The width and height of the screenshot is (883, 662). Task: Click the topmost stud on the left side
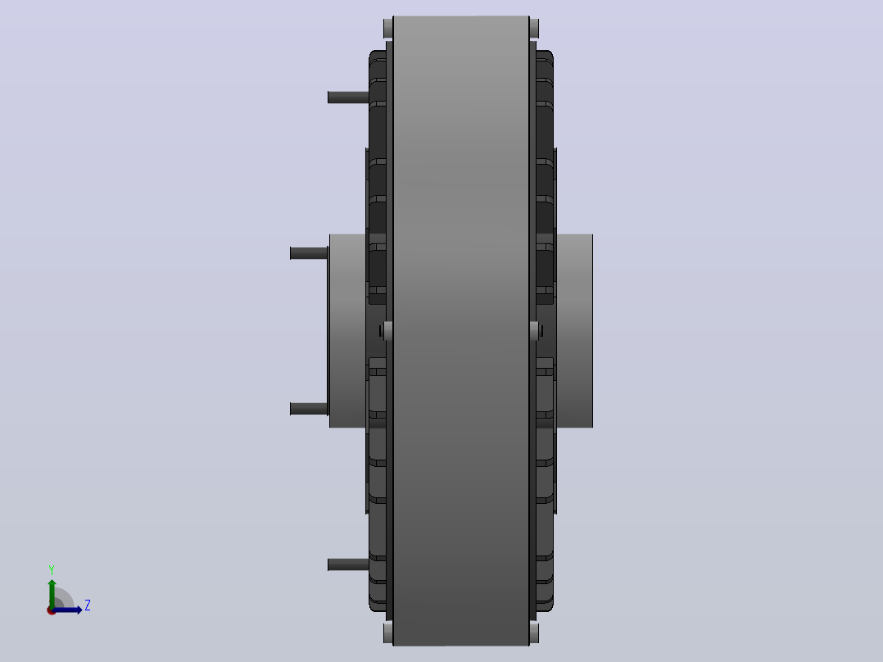pos(348,97)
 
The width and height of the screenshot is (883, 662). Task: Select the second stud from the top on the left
pos(309,253)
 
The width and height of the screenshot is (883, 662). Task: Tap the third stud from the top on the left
pos(309,409)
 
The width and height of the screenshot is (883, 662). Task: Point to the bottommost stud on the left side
pos(348,564)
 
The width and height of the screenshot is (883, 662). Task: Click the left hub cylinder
pos(347,331)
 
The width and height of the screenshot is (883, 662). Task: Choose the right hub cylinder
pos(574,331)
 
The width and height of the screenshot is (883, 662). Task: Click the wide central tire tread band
pos(461,331)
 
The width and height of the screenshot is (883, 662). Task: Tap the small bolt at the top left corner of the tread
pos(388,28)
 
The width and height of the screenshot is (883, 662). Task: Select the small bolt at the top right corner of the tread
pos(534,28)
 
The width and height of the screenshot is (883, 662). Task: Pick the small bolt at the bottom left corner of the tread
pos(388,633)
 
